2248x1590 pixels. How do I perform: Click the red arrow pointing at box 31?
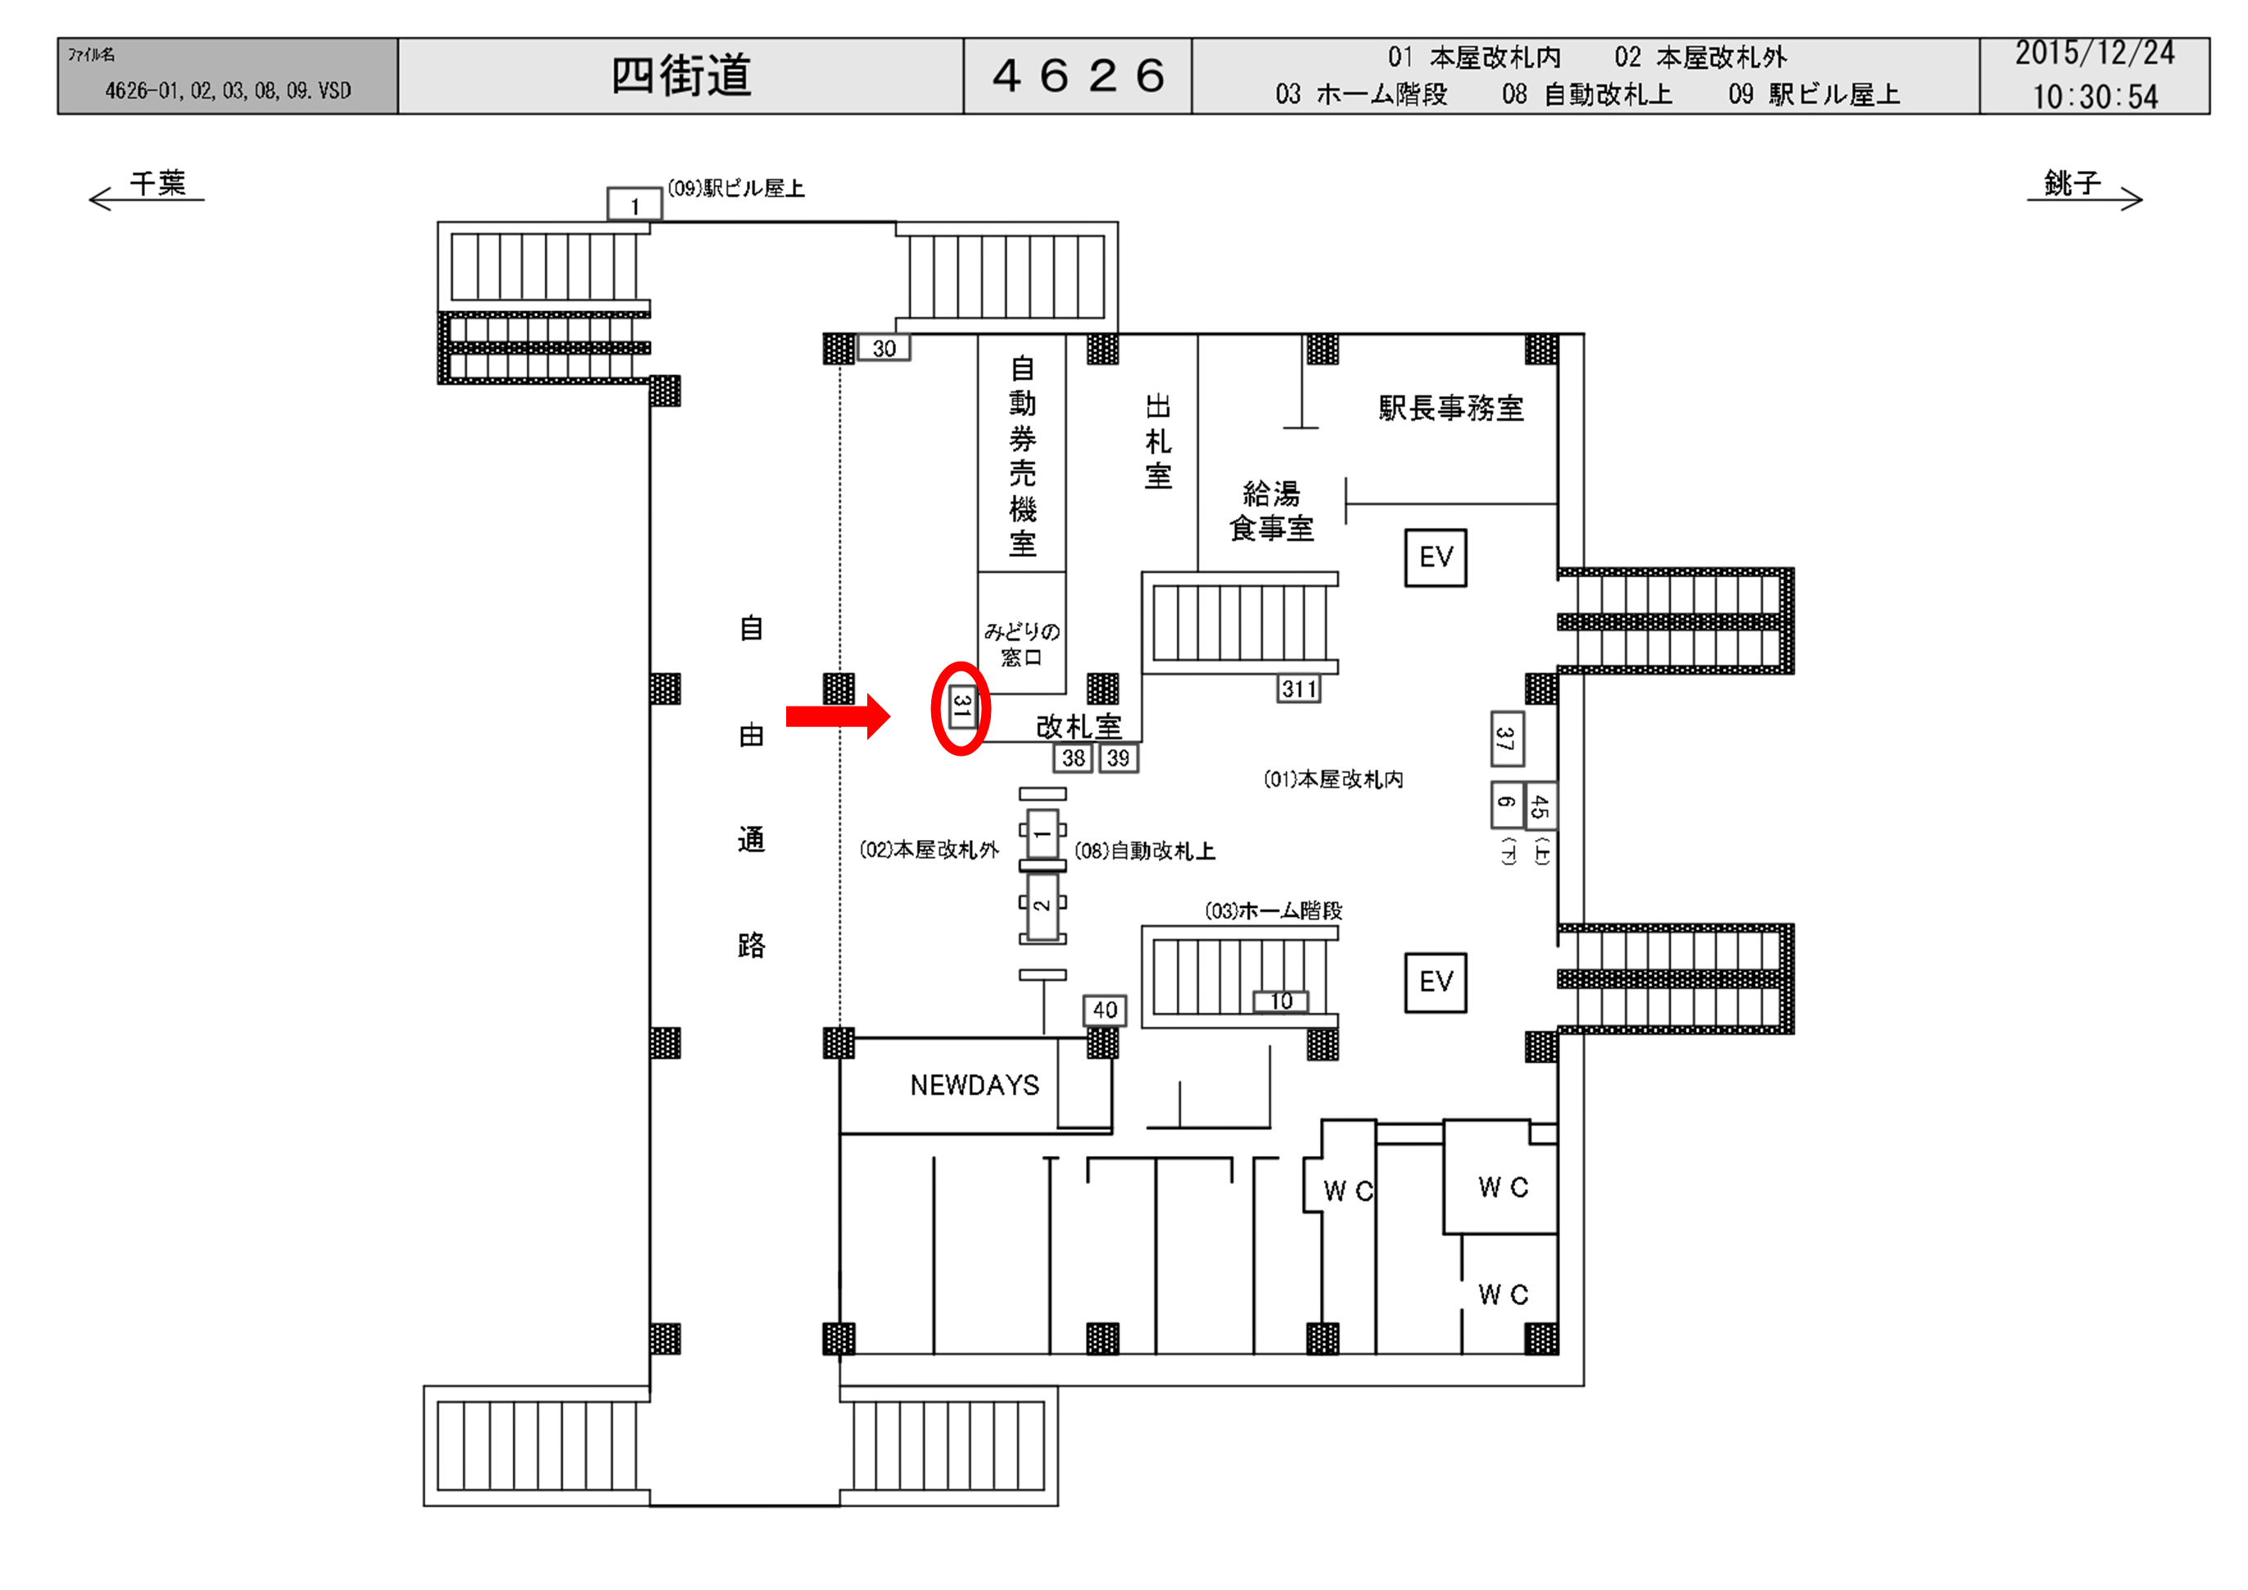coord(837,716)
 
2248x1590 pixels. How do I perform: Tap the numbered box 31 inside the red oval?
coord(961,706)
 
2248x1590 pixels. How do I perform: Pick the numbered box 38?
coord(1073,758)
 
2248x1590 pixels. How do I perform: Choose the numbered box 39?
coord(1118,758)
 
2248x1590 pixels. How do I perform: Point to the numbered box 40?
coord(1105,1010)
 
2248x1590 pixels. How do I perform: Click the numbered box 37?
coord(1506,739)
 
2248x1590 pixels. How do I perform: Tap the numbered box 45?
coord(1540,806)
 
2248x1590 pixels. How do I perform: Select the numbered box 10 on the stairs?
coord(1281,1001)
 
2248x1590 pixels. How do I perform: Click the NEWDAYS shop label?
coord(975,1085)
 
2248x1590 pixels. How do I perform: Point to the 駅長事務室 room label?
coord(1451,409)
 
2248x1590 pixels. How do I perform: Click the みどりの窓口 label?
coord(1021,644)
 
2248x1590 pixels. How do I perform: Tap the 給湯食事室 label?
coord(1271,510)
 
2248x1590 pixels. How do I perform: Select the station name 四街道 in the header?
coord(681,76)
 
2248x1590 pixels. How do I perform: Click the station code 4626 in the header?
coord(1078,76)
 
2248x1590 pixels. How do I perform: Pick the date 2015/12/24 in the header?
coord(2094,54)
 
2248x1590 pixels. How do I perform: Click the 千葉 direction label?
coord(157,184)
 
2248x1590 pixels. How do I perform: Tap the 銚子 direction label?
coord(2072,183)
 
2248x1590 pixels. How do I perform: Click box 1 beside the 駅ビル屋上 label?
coord(634,206)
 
